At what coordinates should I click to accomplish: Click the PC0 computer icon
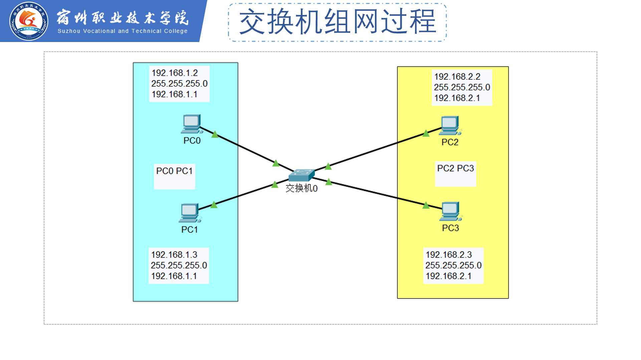(x=192, y=124)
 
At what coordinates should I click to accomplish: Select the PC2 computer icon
(x=450, y=126)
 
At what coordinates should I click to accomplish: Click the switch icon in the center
(x=301, y=175)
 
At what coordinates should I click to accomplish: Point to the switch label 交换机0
(x=301, y=188)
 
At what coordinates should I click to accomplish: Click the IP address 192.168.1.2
(x=175, y=73)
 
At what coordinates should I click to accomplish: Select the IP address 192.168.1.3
(x=174, y=255)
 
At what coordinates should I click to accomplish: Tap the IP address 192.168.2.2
(x=457, y=77)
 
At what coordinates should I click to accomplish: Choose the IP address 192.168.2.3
(x=449, y=255)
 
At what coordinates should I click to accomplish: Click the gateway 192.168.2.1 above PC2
(x=457, y=98)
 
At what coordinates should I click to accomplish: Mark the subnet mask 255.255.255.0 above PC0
(x=179, y=83)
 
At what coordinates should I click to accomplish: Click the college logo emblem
(x=29, y=21)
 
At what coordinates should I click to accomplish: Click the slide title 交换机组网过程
(x=338, y=22)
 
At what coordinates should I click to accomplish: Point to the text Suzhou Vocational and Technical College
(x=123, y=31)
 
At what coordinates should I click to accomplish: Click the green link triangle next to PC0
(x=215, y=134)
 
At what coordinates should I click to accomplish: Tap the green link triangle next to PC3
(x=426, y=205)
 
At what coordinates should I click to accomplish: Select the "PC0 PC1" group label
(x=174, y=171)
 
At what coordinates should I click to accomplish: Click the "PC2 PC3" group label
(x=455, y=168)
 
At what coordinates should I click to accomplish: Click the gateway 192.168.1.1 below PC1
(x=174, y=276)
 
